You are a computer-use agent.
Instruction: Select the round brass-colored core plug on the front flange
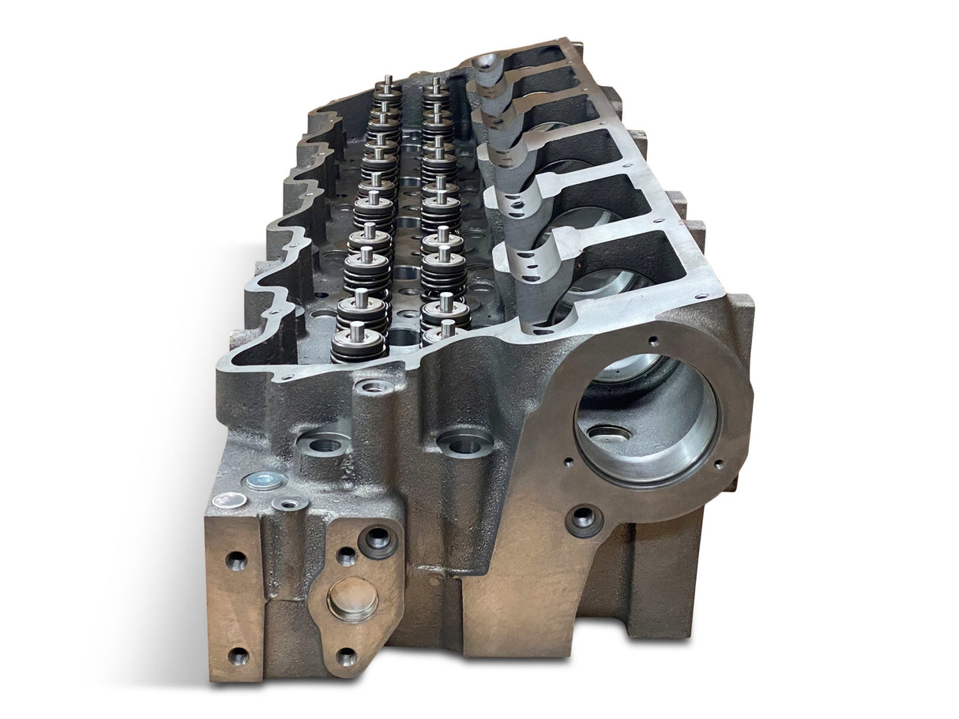coord(352,597)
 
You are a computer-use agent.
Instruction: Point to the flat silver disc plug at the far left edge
coord(231,499)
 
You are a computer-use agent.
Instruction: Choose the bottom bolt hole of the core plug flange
coord(346,656)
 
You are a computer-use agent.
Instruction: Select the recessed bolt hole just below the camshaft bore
coord(584,519)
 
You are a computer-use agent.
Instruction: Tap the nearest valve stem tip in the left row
coord(357,328)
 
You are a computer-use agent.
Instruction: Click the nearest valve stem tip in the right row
coord(447,327)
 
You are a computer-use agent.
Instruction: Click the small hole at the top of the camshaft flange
coord(653,341)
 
